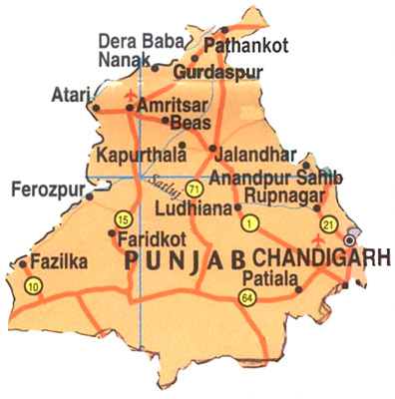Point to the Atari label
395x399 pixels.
click(x=68, y=95)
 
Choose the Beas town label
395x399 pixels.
click(x=192, y=122)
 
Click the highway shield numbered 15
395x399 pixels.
click(x=124, y=219)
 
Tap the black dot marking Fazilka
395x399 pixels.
click(x=23, y=263)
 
